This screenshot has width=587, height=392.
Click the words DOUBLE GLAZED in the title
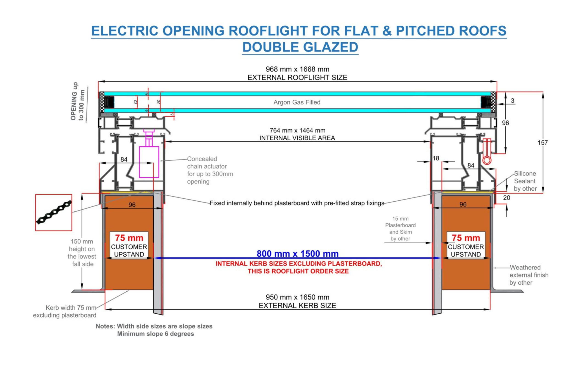[x=300, y=47]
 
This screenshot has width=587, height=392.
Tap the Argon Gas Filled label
[x=297, y=102]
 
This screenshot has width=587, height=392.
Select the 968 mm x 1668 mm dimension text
[x=297, y=69]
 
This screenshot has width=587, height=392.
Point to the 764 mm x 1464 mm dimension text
[x=297, y=131]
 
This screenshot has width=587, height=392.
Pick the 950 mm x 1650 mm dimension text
[x=297, y=297]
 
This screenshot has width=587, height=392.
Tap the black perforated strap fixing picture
[x=54, y=213]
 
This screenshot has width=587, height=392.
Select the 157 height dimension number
[x=543, y=143]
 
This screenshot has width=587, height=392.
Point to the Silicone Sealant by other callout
[x=525, y=181]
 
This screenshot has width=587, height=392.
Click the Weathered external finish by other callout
[x=529, y=275]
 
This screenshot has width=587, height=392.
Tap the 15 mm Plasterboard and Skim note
[x=400, y=228]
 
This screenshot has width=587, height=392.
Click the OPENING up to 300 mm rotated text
[x=77, y=101]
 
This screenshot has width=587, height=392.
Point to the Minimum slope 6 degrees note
[x=155, y=334]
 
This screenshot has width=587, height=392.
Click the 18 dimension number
[x=436, y=158]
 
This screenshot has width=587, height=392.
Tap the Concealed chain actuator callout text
[x=210, y=170]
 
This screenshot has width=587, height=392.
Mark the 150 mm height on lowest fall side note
[x=82, y=252]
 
